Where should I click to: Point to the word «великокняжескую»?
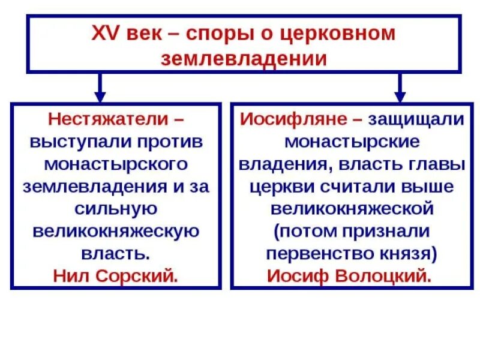tap(116, 231)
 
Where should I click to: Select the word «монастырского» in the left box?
tap(116, 164)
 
